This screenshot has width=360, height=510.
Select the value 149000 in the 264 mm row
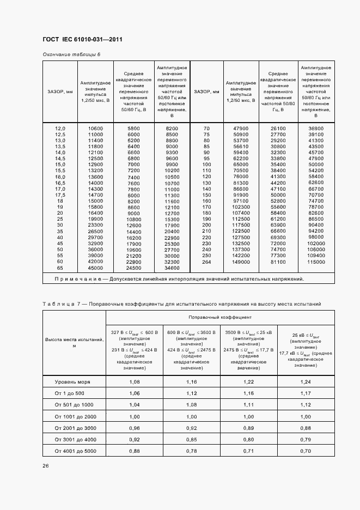coord(240,262)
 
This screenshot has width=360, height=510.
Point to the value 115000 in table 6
coord(316,262)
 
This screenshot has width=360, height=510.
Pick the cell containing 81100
coord(278,262)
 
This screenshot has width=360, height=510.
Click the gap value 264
coord(206,262)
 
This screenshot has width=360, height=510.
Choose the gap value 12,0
coord(60,128)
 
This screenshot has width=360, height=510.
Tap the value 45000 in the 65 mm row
coord(95,268)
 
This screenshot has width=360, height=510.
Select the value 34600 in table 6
coord(172,268)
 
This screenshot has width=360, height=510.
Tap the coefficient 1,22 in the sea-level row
coord(248,382)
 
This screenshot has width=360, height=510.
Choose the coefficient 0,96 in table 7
coord(135,428)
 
